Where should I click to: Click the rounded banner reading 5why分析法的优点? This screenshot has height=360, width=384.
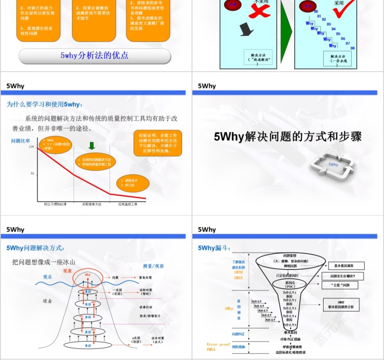(x=95, y=56)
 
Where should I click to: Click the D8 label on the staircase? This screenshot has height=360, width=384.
(x=352, y=48)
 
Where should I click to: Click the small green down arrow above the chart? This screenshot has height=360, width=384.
(x=91, y=146)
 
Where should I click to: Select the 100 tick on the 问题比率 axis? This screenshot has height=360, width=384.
(x=32, y=147)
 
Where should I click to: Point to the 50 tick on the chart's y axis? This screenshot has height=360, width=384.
(x=32, y=174)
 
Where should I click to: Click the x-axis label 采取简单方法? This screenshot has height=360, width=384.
(x=91, y=204)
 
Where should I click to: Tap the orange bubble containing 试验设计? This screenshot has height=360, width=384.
(x=133, y=183)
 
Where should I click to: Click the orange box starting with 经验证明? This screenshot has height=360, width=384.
(x=158, y=143)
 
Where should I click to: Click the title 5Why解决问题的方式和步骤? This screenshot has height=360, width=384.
(x=288, y=137)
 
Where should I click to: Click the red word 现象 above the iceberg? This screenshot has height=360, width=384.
(x=67, y=270)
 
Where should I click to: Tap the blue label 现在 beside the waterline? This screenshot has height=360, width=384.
(x=48, y=277)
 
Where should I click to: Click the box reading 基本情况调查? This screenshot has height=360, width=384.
(x=347, y=266)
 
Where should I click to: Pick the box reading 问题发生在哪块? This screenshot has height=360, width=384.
(x=347, y=276)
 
